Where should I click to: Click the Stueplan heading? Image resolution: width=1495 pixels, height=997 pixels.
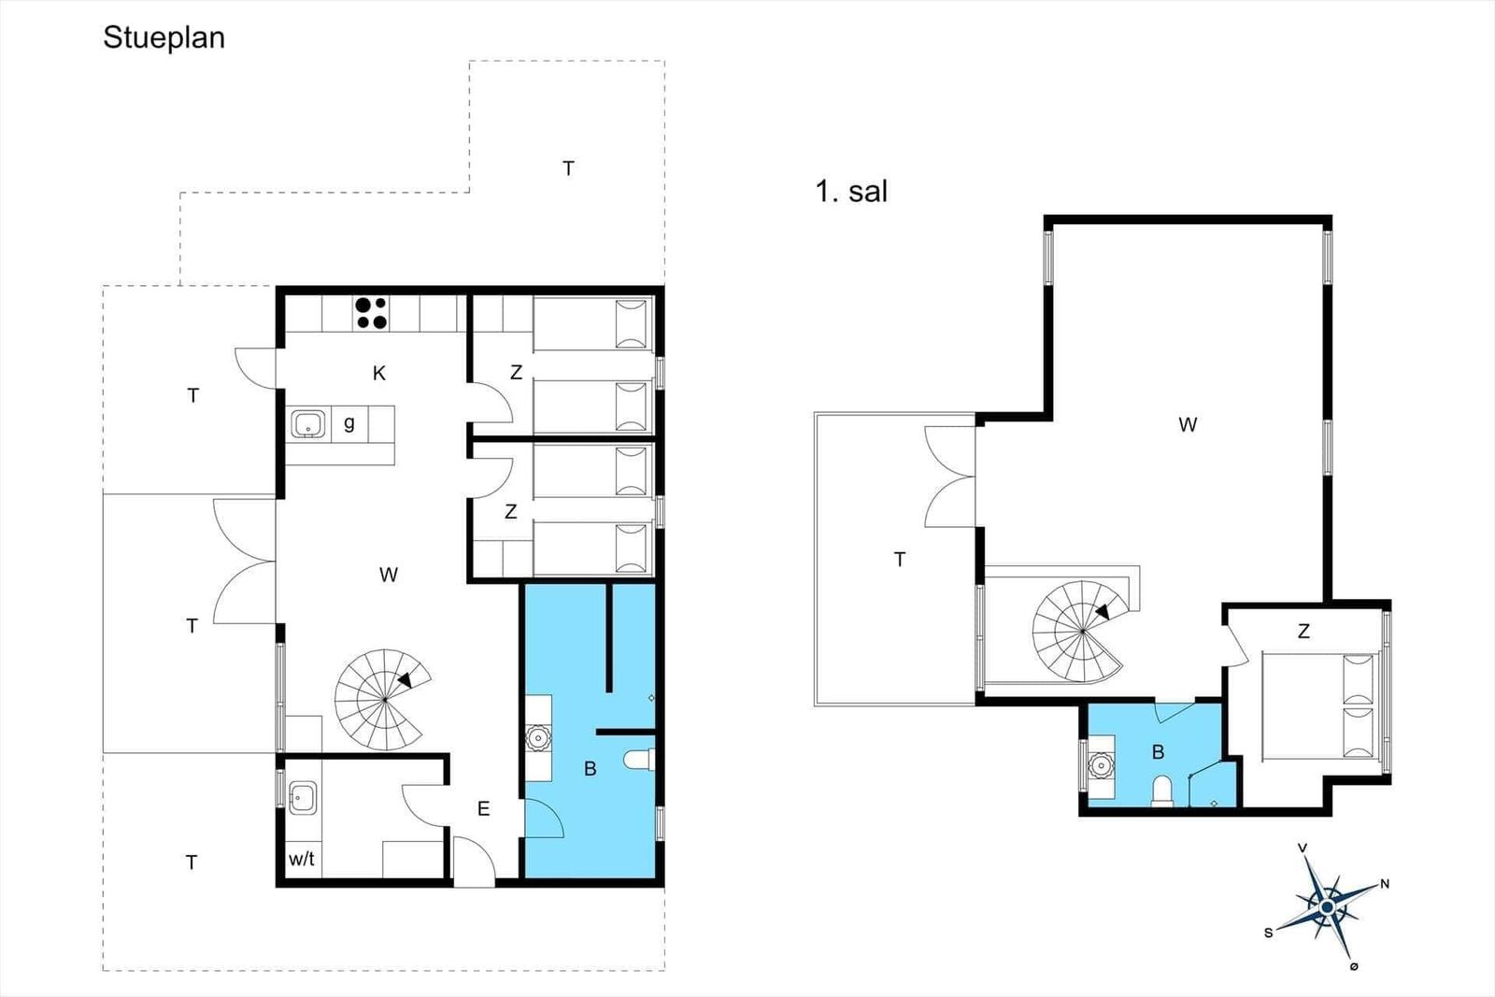coord(164,38)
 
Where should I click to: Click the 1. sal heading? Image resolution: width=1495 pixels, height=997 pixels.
coord(851,192)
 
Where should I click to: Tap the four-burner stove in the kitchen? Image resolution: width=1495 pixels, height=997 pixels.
coord(371,313)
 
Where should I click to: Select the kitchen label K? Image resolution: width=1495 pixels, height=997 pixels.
coord(379,373)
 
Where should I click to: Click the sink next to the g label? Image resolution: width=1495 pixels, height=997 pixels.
coord(307,424)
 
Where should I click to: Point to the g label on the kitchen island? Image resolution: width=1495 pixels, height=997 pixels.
coord(349,423)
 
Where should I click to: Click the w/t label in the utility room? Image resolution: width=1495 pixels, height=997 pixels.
coord(302,859)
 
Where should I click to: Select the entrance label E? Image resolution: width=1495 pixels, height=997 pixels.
coord(484,809)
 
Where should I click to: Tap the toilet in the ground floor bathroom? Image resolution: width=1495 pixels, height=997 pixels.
coord(639,760)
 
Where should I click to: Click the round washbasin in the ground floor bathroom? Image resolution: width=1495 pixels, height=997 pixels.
coord(537,738)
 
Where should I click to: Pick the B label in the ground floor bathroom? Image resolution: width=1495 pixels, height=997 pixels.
coord(590,769)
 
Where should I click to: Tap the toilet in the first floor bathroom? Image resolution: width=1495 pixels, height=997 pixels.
coord(1162,790)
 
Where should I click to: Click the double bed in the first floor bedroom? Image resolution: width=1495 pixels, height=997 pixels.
coord(1321,706)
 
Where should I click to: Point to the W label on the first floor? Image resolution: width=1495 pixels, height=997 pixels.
coord(1188,424)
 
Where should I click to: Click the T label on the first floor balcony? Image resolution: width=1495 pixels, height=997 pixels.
coord(900,559)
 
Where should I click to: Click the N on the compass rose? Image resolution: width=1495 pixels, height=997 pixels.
coord(1385,884)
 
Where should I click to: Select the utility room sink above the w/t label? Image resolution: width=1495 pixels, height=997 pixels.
coord(303,798)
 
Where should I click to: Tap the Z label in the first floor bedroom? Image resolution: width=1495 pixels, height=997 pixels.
coord(1303,631)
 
